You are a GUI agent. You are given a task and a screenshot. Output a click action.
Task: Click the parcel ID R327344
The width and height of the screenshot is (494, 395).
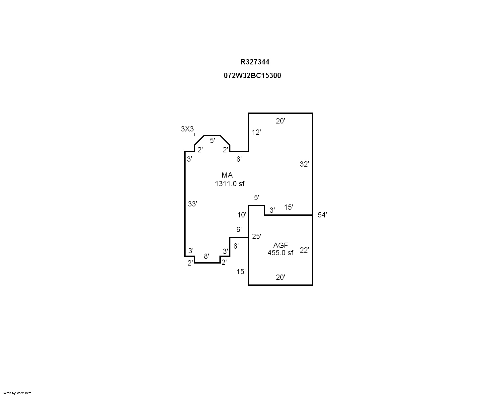tap(255, 62)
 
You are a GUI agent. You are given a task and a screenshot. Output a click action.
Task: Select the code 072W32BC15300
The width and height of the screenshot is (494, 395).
tap(252, 75)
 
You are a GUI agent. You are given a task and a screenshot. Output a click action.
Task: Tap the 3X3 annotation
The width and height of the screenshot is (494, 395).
tap(187, 129)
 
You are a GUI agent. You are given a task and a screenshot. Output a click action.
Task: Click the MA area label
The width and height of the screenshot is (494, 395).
tap(227, 175)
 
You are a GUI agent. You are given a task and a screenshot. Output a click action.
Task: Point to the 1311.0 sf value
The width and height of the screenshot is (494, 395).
tap(229, 184)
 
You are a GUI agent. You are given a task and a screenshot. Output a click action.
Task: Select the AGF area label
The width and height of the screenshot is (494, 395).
tap(281, 245)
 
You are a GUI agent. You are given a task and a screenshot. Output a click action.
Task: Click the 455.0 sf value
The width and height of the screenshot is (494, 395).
tap(280, 253)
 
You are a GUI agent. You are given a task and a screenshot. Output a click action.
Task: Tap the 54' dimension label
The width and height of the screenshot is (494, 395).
tap(322, 215)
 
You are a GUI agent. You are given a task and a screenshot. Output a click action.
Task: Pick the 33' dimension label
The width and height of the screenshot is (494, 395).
tap(192, 204)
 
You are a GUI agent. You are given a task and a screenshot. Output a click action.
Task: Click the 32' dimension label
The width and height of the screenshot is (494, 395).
tap(304, 164)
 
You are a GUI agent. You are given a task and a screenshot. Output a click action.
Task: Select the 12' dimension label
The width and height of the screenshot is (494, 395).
tap(256, 132)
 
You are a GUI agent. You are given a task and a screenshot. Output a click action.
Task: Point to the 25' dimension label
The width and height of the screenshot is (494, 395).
tap(256, 236)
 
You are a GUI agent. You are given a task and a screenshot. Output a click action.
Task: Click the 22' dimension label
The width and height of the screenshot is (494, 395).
tap(304, 250)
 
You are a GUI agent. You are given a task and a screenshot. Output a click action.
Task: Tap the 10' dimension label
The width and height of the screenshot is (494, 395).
tap(241, 215)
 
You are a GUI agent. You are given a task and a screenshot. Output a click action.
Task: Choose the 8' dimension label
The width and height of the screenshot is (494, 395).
tap(206, 256)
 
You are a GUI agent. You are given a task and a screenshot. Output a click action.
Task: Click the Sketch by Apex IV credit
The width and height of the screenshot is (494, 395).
tap(16, 393)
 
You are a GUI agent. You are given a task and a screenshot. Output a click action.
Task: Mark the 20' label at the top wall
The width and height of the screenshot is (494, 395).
tap(281, 121)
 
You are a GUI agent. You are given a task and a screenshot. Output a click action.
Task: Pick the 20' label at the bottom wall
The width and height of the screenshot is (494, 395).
tap(281, 277)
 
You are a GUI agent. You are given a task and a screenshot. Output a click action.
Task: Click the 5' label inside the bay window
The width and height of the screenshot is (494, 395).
tap(212, 140)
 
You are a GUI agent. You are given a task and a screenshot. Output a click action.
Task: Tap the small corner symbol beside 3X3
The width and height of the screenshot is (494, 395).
tap(196, 134)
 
